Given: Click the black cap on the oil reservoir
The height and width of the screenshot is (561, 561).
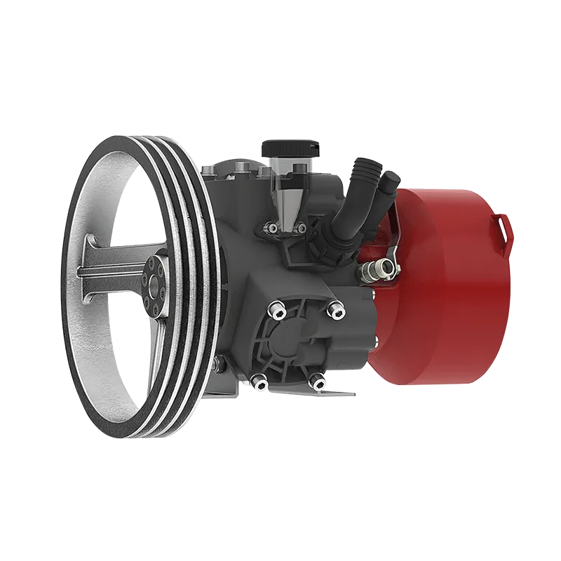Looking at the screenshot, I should click(290, 149).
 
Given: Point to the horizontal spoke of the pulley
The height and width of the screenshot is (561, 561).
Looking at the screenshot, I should click(112, 266).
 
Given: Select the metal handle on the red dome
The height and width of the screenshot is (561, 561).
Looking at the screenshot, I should click(503, 228).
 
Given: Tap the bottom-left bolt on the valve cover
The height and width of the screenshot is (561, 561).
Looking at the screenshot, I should click(259, 380).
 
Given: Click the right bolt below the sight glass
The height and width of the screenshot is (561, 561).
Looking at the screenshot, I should click(302, 227).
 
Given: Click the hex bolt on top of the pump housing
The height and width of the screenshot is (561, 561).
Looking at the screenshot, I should click(241, 165).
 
